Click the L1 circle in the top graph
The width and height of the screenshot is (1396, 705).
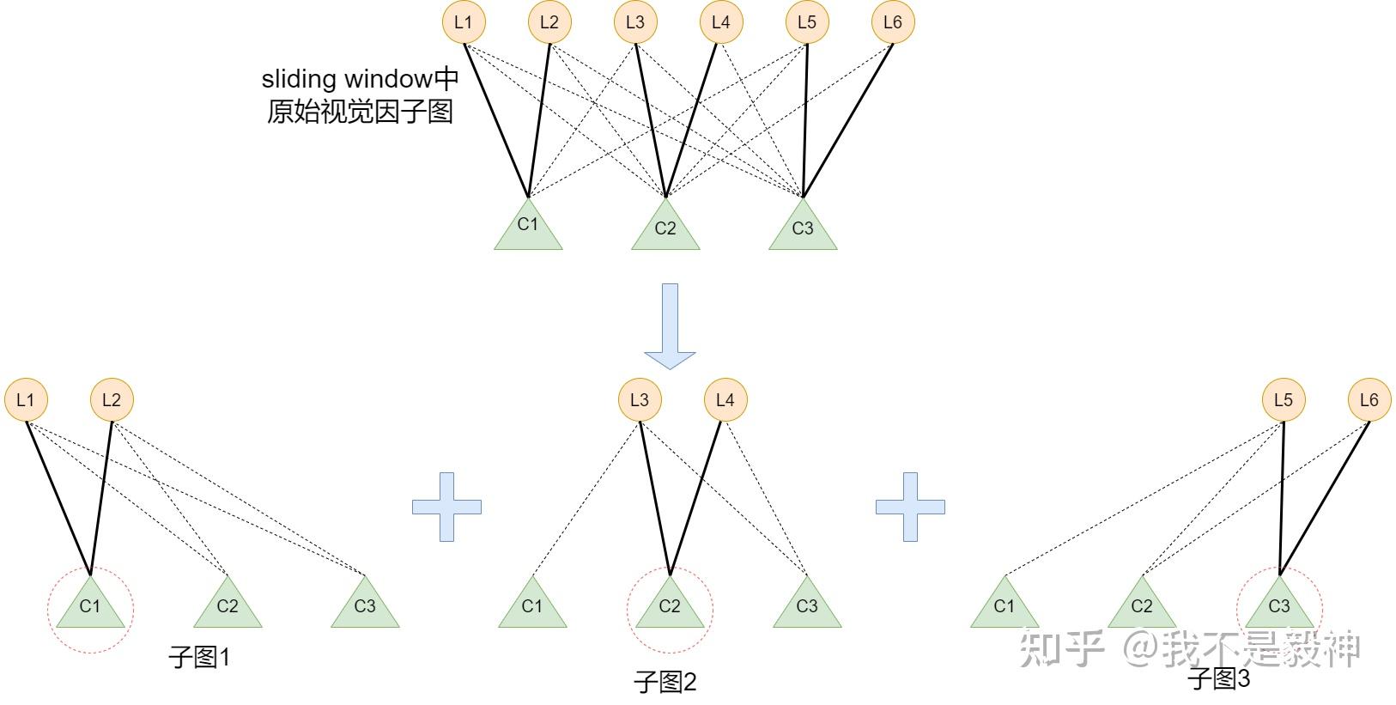464,22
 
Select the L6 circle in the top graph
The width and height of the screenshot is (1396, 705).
893,22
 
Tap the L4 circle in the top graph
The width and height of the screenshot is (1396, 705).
721,22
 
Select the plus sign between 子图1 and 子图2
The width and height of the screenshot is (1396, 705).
446,507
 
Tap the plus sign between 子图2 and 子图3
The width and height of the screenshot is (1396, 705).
910,507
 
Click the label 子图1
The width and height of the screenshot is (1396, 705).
199,658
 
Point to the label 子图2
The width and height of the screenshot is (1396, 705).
665,683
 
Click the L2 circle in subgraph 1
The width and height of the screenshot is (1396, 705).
112,400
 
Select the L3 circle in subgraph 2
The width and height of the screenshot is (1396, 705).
640,400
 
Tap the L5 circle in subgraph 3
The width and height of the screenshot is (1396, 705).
1284,400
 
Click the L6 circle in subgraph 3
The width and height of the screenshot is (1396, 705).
1369,400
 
